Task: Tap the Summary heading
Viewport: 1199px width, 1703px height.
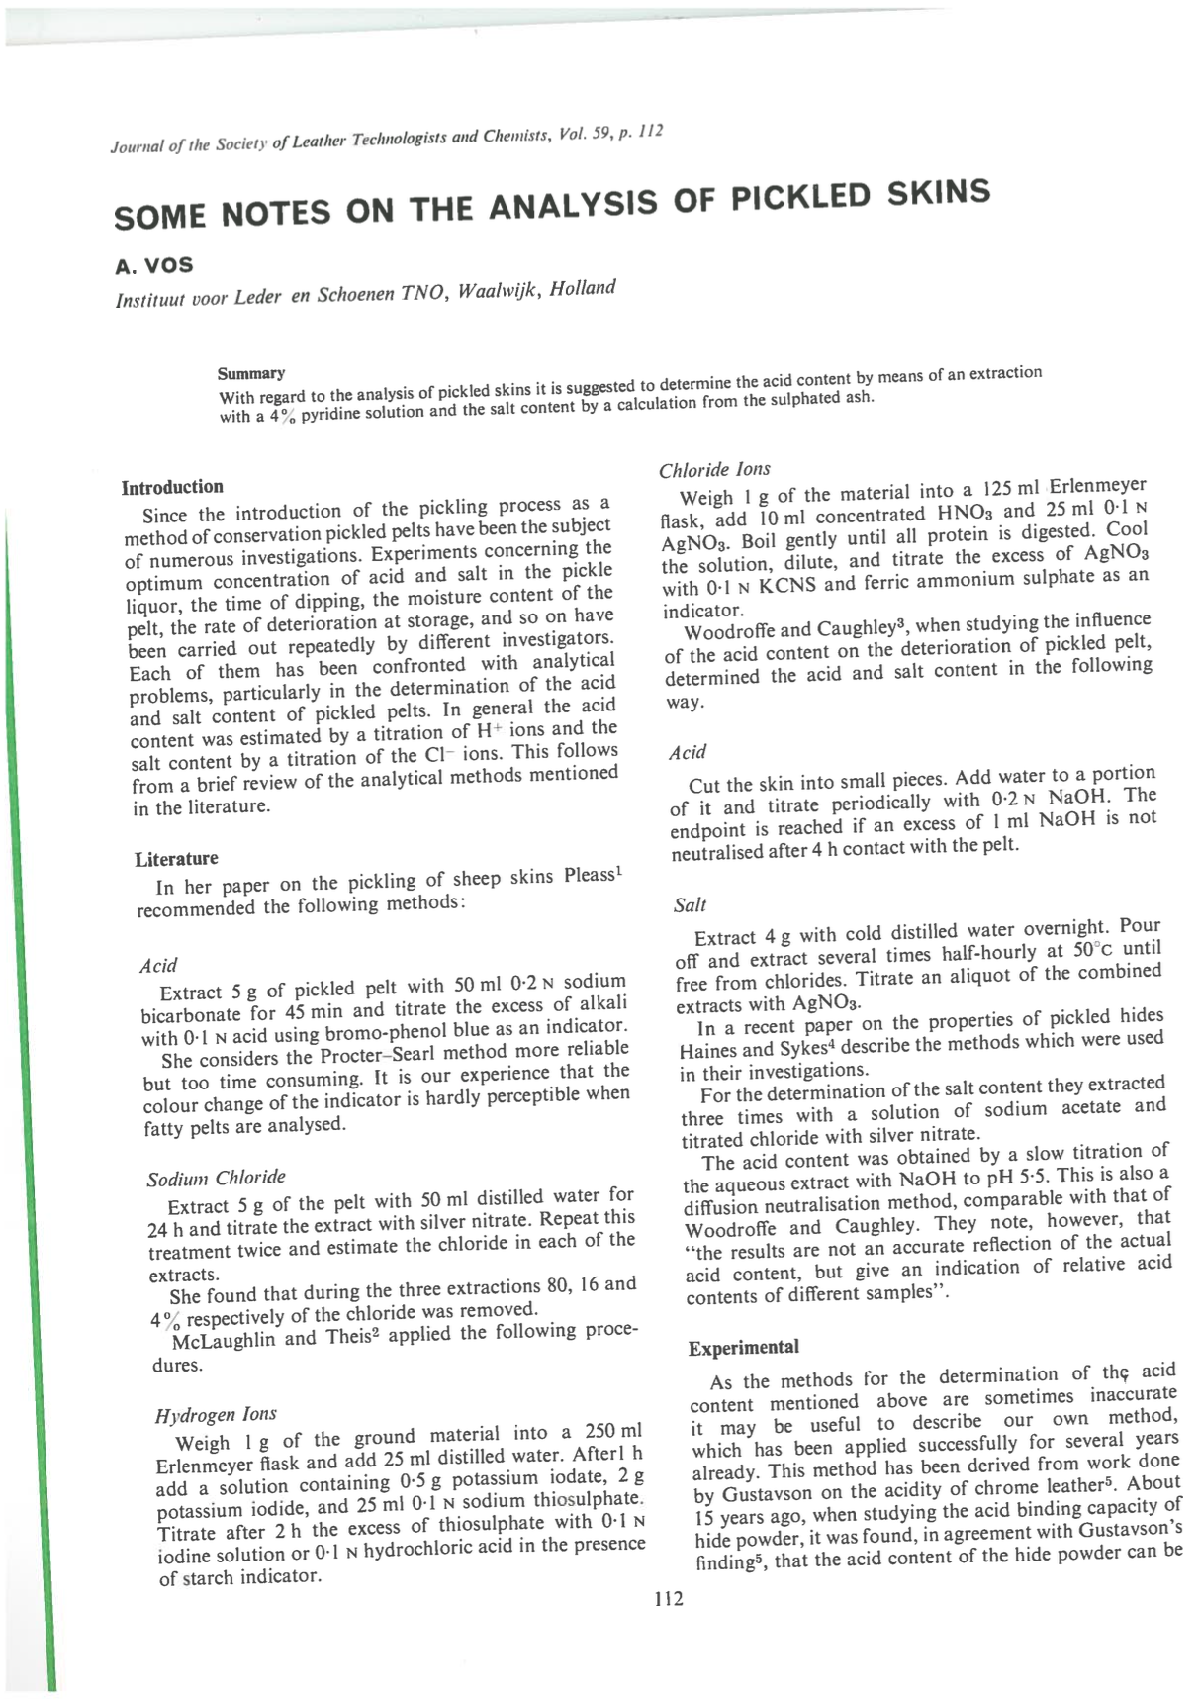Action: (x=251, y=373)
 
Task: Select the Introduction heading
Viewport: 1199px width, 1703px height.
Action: (x=172, y=487)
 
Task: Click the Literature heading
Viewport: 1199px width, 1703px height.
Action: (x=176, y=858)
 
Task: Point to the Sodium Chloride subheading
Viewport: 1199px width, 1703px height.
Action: (x=216, y=1178)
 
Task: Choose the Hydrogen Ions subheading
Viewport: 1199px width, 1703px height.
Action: (x=216, y=1414)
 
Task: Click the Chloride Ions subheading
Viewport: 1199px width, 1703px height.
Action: (x=714, y=469)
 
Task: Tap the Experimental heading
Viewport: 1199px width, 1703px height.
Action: (x=743, y=1347)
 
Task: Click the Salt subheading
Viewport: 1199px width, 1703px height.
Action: (x=690, y=904)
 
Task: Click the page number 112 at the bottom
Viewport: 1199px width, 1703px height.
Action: (x=669, y=1598)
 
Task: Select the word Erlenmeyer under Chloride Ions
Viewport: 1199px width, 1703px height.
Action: (x=1097, y=486)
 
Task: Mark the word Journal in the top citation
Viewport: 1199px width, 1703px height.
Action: (x=136, y=146)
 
